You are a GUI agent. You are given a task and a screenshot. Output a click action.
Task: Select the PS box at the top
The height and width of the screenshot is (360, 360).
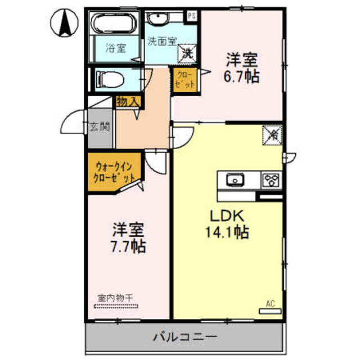(x=192, y=16)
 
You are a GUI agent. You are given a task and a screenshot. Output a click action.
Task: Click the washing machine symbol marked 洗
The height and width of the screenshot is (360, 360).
(x=187, y=53)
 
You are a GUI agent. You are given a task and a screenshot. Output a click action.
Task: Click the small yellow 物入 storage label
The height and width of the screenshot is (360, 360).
(x=128, y=102)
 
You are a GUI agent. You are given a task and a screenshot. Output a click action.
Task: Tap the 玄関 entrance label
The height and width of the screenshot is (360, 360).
(x=100, y=127)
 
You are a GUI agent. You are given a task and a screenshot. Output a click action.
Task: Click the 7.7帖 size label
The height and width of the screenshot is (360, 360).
(x=129, y=246)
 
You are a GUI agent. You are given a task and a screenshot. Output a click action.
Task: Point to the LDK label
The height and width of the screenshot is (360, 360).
(x=227, y=216)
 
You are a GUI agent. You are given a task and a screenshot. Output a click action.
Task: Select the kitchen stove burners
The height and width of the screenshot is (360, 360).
(x=271, y=181)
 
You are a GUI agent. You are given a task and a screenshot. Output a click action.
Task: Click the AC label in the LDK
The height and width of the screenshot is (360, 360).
(x=270, y=304)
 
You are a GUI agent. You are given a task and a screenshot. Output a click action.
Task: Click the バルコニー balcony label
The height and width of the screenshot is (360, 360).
(x=184, y=337)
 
